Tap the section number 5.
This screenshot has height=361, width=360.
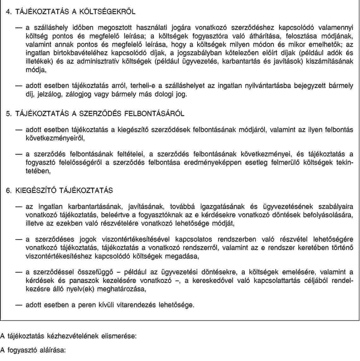click(x=9, y=113)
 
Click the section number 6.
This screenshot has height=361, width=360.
click(x=9, y=191)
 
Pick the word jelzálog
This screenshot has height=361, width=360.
click(x=49, y=94)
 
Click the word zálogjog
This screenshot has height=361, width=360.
click(x=78, y=94)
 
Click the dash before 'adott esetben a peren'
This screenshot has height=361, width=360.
click(x=20, y=305)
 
